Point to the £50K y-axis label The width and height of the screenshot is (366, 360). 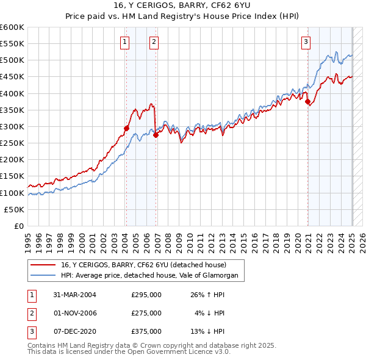click(x=14, y=209)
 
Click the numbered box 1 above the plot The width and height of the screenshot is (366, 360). click(x=124, y=42)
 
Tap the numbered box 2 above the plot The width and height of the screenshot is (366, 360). click(x=154, y=42)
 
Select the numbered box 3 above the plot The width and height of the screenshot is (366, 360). click(x=305, y=42)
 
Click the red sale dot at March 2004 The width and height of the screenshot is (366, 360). click(x=126, y=128)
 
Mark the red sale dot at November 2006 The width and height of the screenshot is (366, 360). click(x=156, y=135)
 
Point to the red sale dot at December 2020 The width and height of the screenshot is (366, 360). click(x=308, y=102)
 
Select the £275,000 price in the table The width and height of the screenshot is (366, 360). click(x=146, y=313)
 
